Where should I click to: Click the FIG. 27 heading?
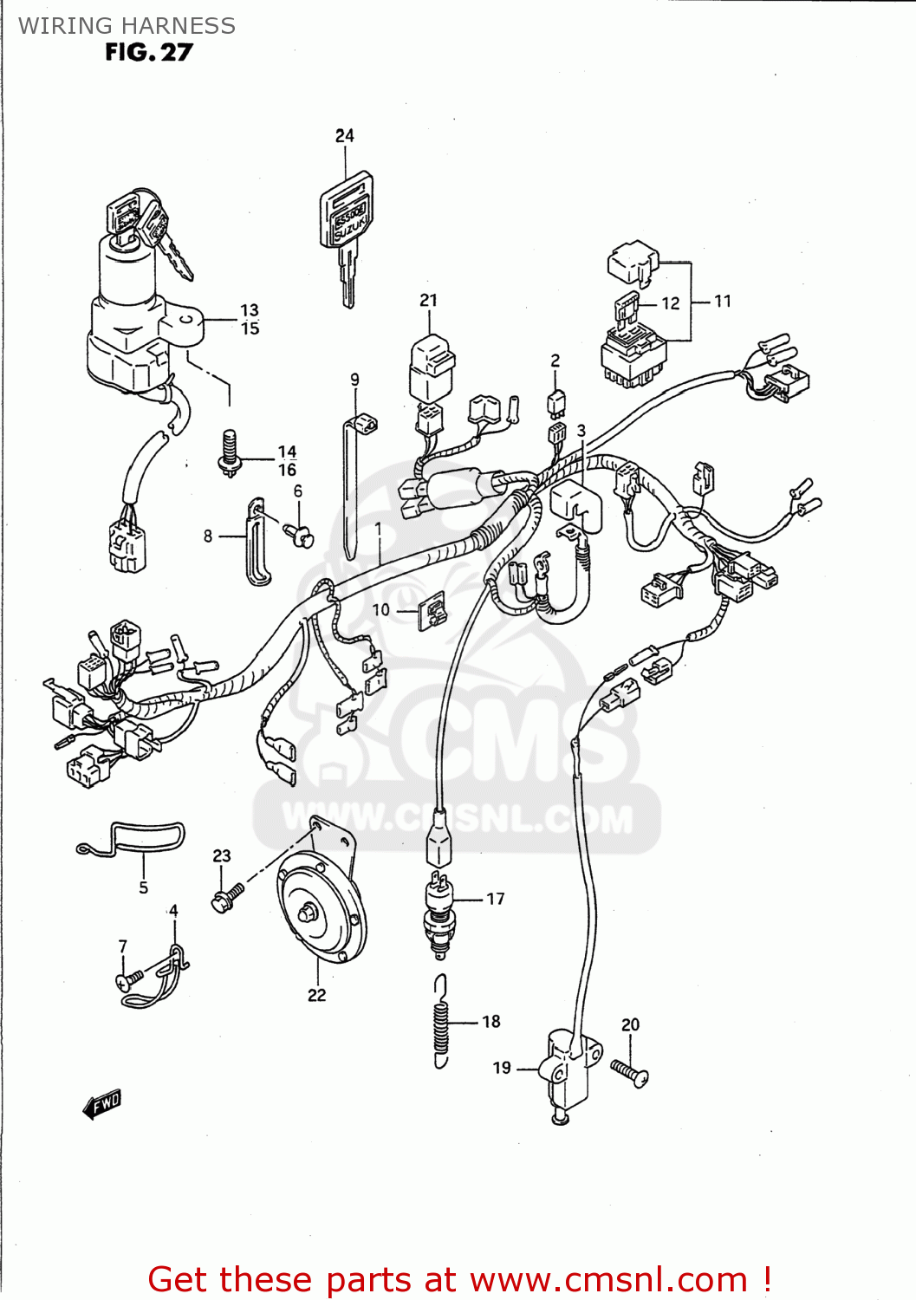tap(148, 53)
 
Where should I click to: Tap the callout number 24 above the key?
tap(345, 136)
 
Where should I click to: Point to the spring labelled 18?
tap(442, 1023)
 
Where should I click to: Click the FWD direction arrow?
tap(102, 1103)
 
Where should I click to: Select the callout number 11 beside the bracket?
tap(723, 302)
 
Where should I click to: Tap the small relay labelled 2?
tap(555, 401)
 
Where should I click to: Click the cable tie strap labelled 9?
tap(350, 485)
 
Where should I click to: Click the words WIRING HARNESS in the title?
tap(127, 26)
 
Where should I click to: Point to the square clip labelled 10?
tap(432, 611)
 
